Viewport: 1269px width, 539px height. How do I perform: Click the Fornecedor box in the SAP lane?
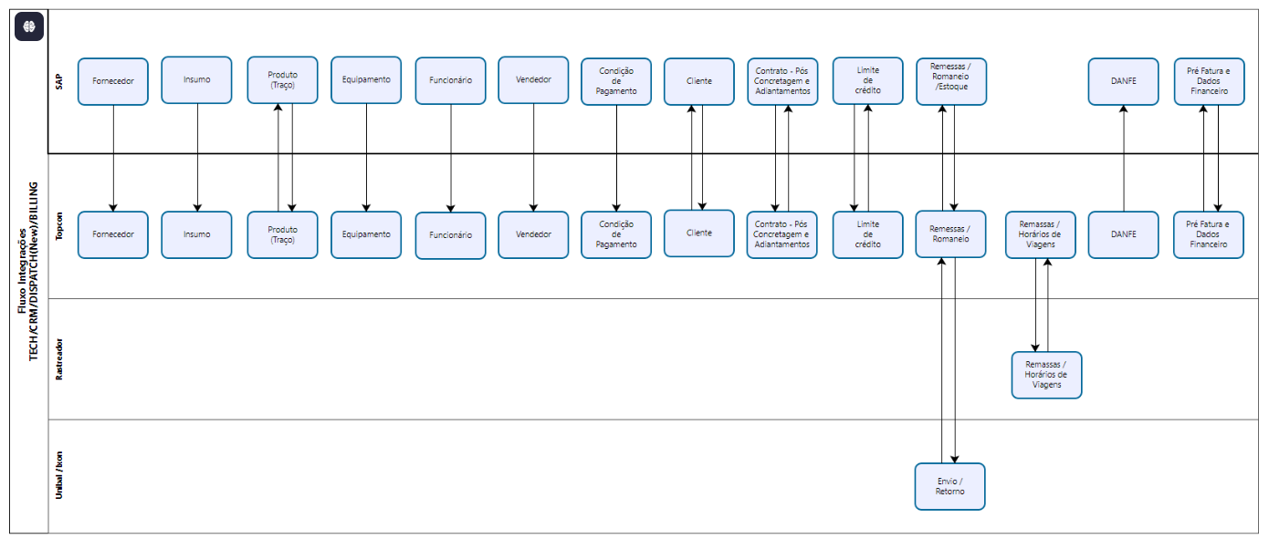(113, 81)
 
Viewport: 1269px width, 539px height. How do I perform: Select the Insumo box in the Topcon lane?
(196, 234)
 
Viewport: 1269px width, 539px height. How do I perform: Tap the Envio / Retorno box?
(949, 486)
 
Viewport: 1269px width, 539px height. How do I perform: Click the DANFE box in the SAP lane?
(1123, 81)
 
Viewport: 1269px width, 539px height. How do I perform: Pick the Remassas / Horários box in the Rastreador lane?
(1046, 375)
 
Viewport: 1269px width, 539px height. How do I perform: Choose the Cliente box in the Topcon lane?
(699, 233)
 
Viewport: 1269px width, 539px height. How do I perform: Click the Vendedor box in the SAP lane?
(533, 80)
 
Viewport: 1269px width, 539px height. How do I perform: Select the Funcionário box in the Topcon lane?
(450, 235)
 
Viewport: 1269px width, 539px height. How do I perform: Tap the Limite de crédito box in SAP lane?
(867, 80)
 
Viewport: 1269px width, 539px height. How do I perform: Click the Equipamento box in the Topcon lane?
(366, 234)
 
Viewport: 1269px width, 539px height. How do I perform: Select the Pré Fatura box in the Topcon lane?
(1209, 234)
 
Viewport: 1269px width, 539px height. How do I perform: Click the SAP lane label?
(59, 81)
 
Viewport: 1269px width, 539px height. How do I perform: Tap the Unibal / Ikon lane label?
(59, 475)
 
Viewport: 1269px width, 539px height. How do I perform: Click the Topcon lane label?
(59, 226)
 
